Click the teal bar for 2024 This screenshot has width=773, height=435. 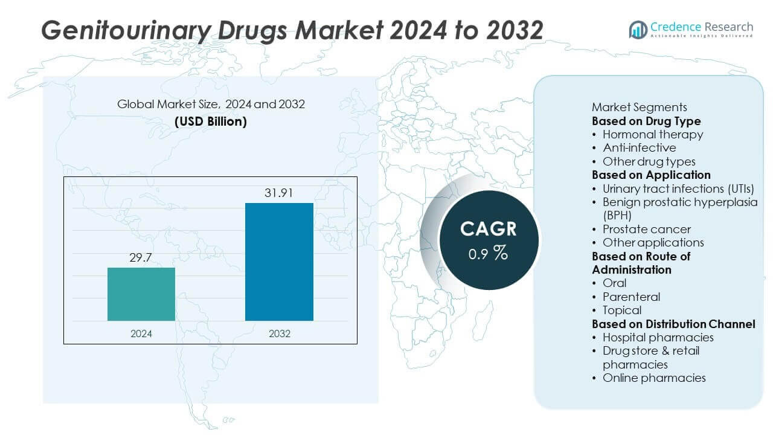pos(141,294)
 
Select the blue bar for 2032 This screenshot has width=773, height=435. pos(279,262)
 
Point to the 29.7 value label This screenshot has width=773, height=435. pos(141,258)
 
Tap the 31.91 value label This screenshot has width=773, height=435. pos(279,193)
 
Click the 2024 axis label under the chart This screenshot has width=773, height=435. pos(141,333)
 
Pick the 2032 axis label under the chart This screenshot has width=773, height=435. pos(279,333)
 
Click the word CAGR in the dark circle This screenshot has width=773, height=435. pos(489,229)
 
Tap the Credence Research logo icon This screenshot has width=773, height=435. pos(638,29)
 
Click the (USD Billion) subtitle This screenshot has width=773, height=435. pos(211,121)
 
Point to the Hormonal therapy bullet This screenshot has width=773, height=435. pos(653,134)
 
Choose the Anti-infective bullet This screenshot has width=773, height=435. pos(639,147)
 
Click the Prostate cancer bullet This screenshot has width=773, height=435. pos(646,229)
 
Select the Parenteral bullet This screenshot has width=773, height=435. pos(631,297)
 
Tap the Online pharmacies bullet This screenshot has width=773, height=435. pos(654,378)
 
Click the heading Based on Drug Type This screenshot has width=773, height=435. pos(646,121)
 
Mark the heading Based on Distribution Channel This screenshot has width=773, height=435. pos(673,324)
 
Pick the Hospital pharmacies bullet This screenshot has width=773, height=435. pos(658,337)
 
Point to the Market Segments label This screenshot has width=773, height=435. pos(640,108)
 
